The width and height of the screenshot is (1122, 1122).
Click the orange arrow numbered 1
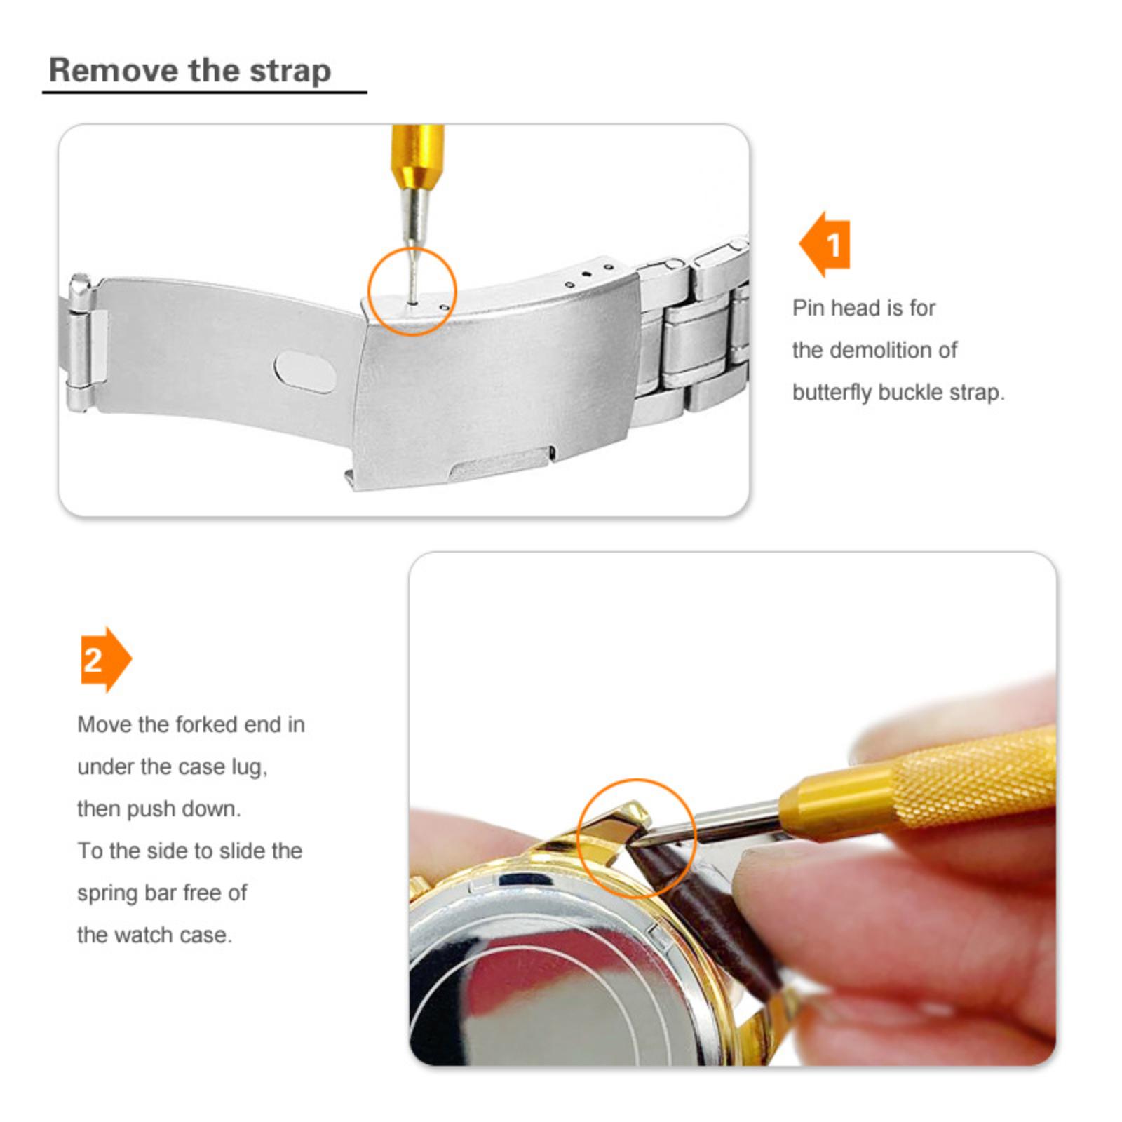(825, 245)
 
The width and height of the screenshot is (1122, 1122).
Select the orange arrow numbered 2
(106, 659)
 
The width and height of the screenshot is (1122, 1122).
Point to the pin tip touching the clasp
(413, 303)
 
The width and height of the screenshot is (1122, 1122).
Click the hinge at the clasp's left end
(80, 343)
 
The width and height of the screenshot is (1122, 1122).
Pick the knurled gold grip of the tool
(975, 779)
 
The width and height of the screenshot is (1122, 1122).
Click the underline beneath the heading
(205, 92)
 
